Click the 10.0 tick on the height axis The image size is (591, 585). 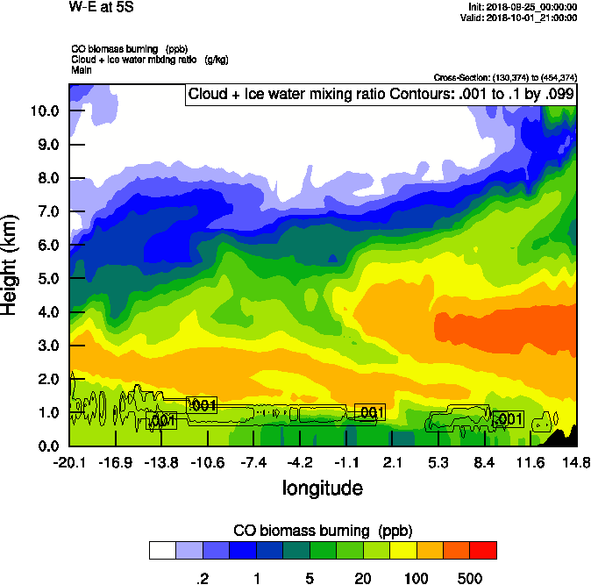[43, 111]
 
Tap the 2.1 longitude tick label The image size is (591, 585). [392, 462]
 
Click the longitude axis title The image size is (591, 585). [322, 487]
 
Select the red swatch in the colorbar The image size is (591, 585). [483, 550]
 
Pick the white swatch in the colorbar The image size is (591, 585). [161, 550]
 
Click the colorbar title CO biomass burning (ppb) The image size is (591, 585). [322, 531]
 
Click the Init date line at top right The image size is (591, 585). [523, 7]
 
